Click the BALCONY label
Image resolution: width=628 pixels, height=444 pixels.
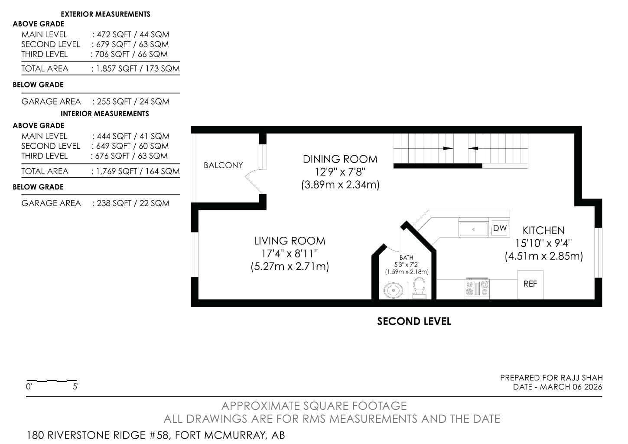(x=223, y=165)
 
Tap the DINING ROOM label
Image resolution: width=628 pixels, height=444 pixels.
(x=340, y=159)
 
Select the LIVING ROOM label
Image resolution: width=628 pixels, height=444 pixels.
(x=290, y=241)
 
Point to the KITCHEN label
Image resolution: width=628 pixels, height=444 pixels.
(x=543, y=231)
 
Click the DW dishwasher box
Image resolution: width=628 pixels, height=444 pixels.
(x=500, y=228)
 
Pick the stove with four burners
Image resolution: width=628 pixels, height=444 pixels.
(x=477, y=289)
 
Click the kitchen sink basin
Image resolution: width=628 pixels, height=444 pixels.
(x=474, y=229)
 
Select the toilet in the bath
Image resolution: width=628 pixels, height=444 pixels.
(x=419, y=288)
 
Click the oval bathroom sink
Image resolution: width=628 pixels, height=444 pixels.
(x=393, y=291)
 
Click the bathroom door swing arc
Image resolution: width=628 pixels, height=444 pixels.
(x=394, y=249)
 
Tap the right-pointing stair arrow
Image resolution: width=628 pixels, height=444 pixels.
(x=448, y=148)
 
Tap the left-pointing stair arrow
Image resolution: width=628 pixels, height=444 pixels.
(x=473, y=148)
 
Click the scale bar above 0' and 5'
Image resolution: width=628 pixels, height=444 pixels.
(x=51, y=381)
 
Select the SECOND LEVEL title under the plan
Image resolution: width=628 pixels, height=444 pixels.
(x=414, y=321)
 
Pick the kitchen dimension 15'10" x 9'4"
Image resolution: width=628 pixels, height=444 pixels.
(x=543, y=243)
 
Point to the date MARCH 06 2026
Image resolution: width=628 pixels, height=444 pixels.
(x=571, y=387)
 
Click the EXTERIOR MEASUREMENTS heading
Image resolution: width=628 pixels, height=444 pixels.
(x=105, y=14)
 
